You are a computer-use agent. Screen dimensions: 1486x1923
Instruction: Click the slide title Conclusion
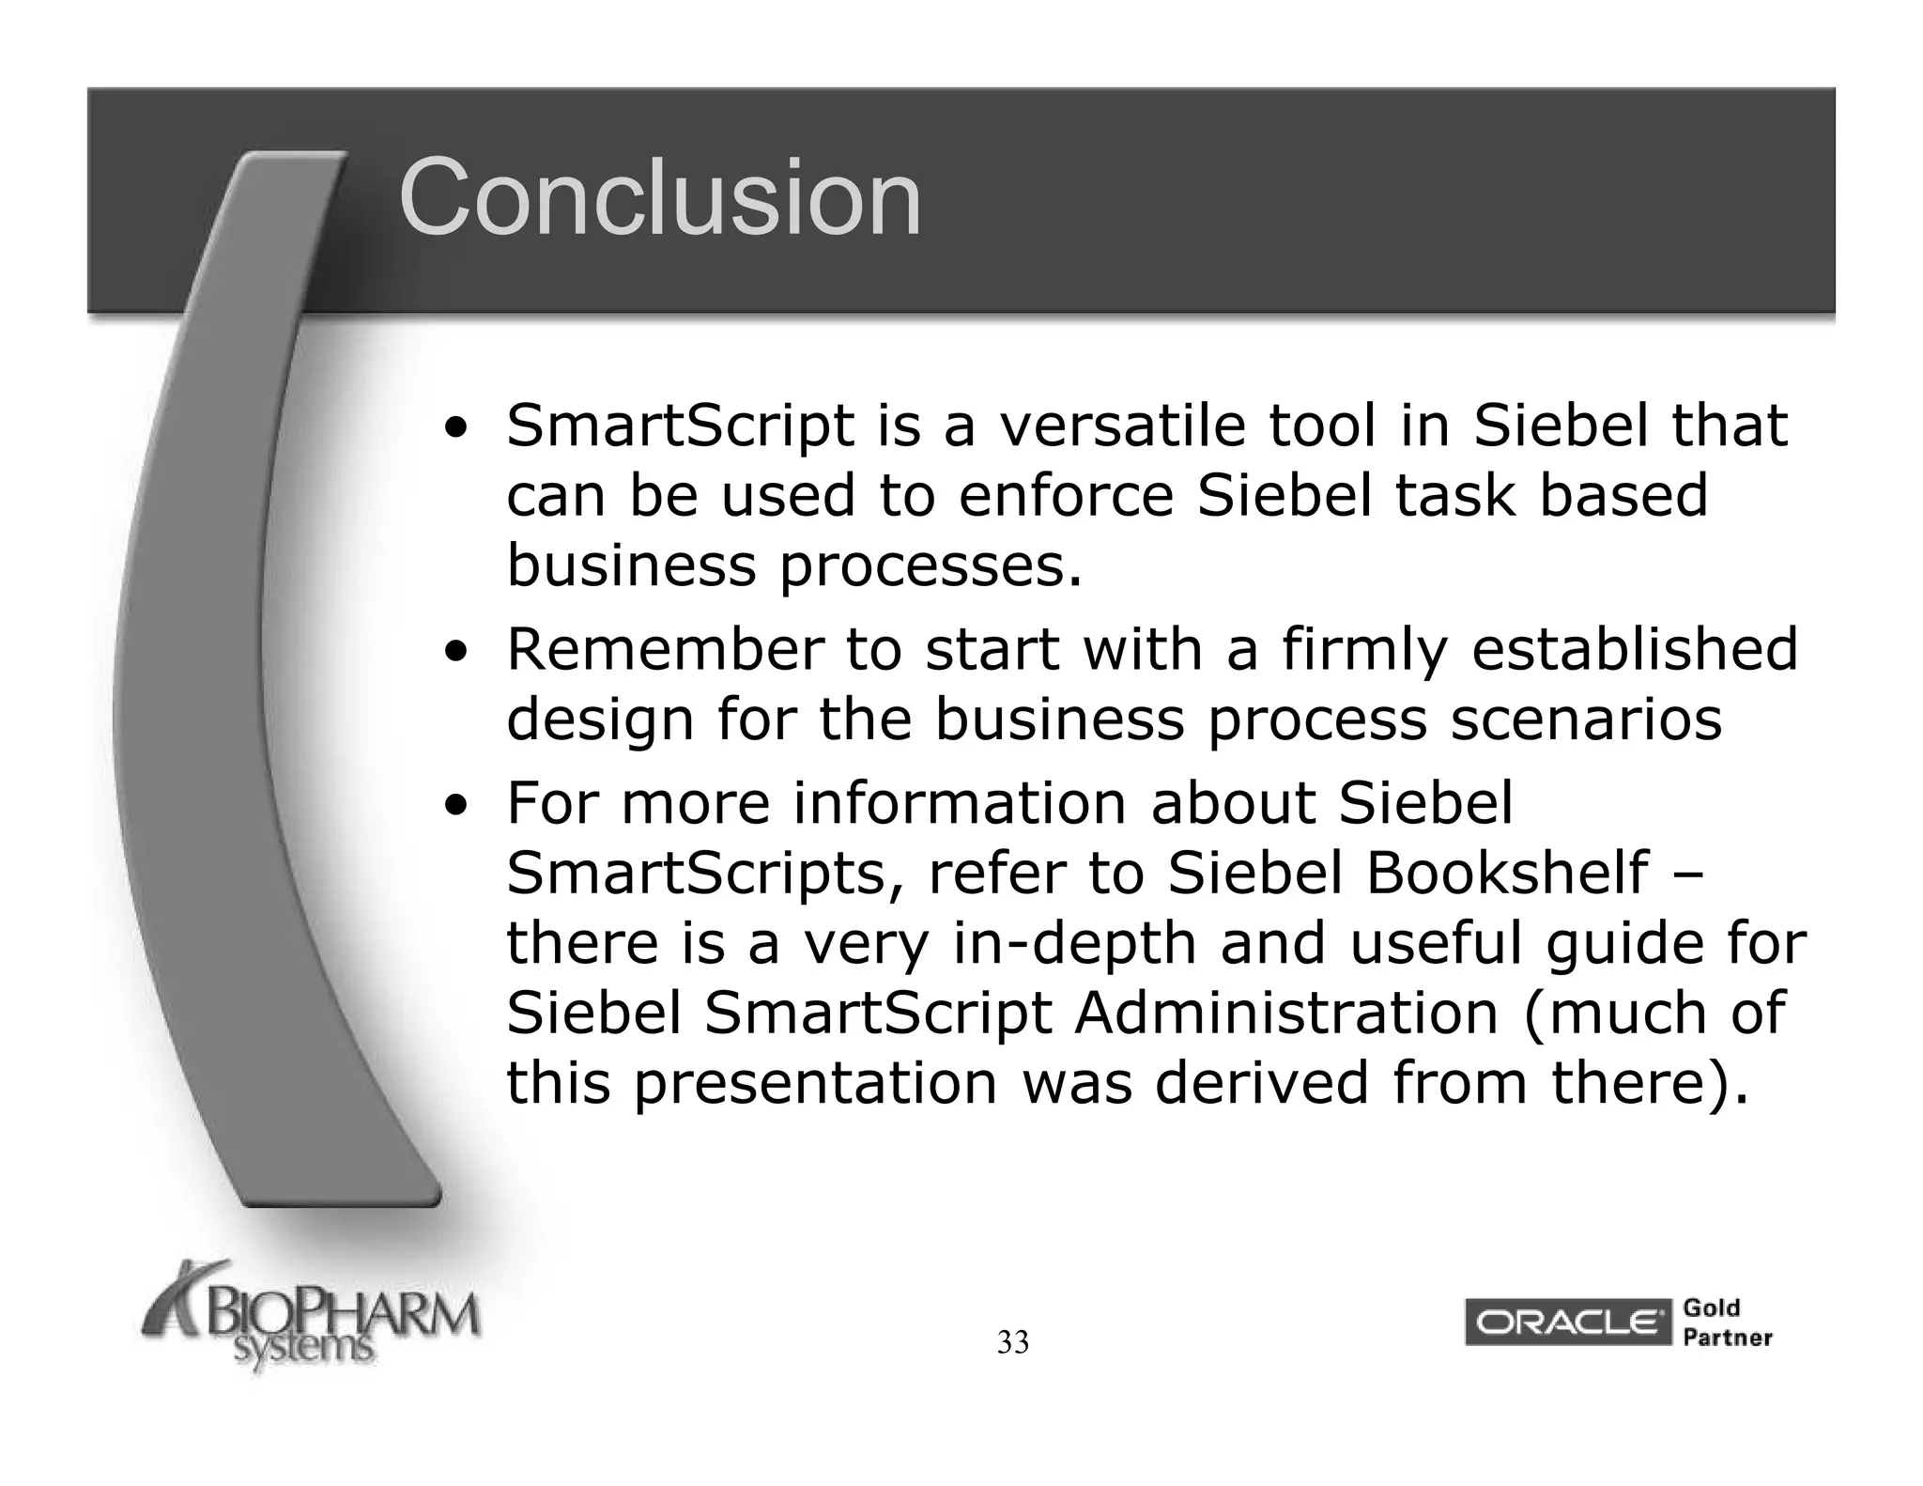(660, 198)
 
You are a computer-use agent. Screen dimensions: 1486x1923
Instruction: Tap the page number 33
(1012, 1343)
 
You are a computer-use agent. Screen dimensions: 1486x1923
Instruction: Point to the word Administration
(1285, 1013)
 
